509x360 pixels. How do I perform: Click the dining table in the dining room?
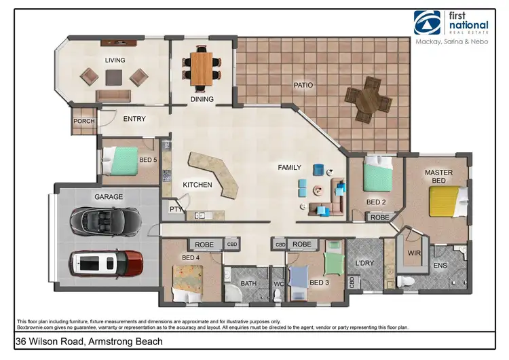coord(201,68)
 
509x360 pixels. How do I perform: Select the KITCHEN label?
coord(197,185)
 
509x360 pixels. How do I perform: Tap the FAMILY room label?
coord(290,167)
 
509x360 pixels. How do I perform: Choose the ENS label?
coord(440,266)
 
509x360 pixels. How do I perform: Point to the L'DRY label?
coord(365,262)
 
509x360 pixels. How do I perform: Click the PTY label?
coord(174,210)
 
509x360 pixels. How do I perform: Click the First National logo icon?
coord(426,22)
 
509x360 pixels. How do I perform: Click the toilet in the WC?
coord(277,293)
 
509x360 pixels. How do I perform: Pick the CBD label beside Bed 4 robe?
coord(231,244)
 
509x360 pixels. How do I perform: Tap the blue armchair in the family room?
coord(318,169)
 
